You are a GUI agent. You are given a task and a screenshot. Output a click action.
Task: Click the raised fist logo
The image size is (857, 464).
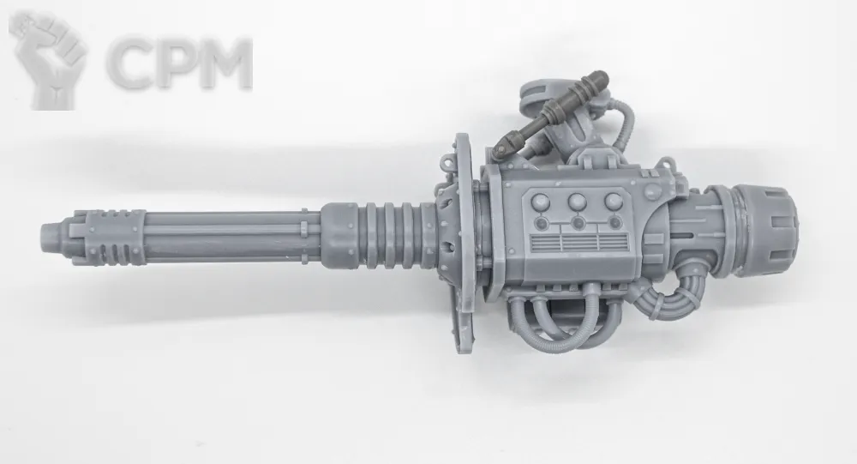pyautogui.click(x=48, y=60)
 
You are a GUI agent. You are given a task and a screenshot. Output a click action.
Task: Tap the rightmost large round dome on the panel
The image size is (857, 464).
pyautogui.click(x=614, y=202)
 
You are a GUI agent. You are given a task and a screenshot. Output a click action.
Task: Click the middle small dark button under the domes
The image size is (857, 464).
pyautogui.click(x=578, y=223)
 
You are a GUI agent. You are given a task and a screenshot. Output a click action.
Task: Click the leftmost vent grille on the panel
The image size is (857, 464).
pyautogui.click(x=546, y=243)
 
